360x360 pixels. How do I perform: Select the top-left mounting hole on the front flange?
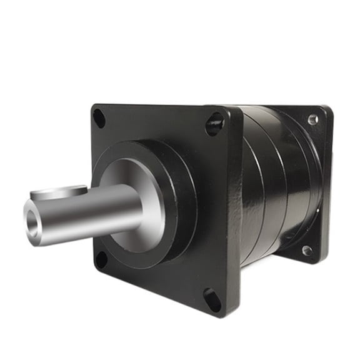tap(99, 116)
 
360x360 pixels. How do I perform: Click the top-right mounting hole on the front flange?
tap(214, 124)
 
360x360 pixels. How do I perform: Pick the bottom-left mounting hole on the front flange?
tap(101, 259)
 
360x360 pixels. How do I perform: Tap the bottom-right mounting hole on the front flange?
tap(212, 299)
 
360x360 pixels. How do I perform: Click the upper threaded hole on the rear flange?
tap(312, 119)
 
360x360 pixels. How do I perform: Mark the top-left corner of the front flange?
tap(94, 106)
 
